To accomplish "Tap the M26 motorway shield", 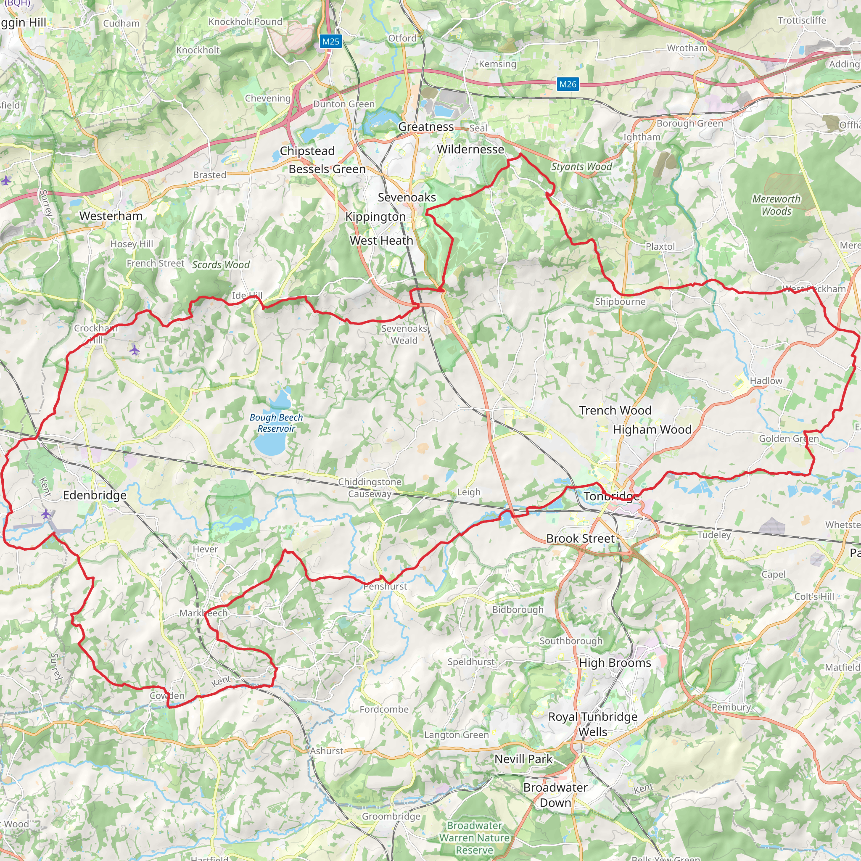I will [567, 84].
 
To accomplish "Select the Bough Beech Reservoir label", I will [276, 423].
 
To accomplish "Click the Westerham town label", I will [111, 216].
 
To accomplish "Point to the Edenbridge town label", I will [95, 495].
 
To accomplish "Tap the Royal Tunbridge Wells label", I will [592, 724].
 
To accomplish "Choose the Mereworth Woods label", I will [776, 205].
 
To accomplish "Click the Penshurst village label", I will [385, 586].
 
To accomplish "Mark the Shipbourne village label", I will [620, 302].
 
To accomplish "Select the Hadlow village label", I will [766, 380].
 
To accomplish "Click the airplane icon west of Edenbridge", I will [45, 514].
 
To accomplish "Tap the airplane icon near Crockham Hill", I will [135, 350].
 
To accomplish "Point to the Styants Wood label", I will [581, 166].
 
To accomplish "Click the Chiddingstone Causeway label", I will [370, 488].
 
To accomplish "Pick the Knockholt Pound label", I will [245, 22].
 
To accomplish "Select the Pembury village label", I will [731, 707].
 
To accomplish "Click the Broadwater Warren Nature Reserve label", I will [474, 837].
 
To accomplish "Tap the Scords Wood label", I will [221, 265].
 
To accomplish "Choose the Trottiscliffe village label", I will [802, 21].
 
